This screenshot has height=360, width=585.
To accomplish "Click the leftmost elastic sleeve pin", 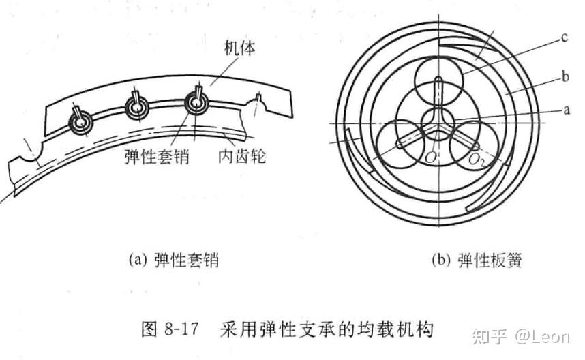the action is [81, 121].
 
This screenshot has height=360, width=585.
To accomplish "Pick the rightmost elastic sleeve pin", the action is [198, 102].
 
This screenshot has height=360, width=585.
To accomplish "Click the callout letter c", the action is [564, 38].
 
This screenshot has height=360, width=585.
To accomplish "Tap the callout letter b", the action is [565, 78].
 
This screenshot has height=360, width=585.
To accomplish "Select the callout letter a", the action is [563, 108].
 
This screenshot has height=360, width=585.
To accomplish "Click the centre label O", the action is [430, 159].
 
